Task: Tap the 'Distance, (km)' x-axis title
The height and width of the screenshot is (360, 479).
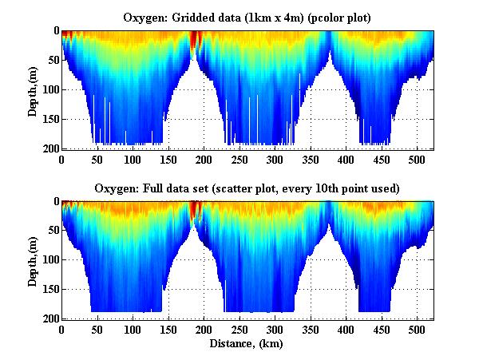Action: (x=247, y=344)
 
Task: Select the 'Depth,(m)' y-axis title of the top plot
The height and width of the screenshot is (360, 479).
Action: (x=33, y=89)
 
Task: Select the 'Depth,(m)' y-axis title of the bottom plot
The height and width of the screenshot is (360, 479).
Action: (x=33, y=260)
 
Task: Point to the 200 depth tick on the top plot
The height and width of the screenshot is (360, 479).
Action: (x=50, y=148)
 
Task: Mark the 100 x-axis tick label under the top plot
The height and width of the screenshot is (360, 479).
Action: (x=97, y=160)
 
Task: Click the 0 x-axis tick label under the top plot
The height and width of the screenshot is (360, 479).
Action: (x=62, y=160)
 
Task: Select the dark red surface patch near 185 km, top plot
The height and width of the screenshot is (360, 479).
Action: (x=194, y=40)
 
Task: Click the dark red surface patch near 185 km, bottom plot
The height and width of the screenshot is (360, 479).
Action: (x=194, y=210)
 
